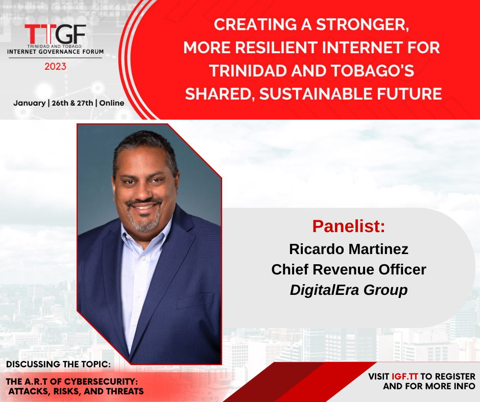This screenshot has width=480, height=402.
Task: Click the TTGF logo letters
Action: [55, 34]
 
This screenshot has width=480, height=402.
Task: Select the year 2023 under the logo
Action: [56, 66]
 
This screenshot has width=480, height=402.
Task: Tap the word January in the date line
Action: [30, 103]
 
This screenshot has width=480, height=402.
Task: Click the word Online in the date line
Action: [112, 103]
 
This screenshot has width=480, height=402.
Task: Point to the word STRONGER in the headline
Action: [363, 25]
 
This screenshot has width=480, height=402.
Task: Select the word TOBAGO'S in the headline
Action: [373, 71]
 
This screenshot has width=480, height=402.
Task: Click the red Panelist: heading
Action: [348, 226]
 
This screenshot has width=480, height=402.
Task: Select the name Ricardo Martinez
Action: [349, 249]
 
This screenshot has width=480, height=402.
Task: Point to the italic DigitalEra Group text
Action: [349, 290]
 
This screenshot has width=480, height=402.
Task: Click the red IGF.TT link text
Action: [405, 376]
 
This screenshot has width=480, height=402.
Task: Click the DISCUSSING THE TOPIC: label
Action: [59, 364]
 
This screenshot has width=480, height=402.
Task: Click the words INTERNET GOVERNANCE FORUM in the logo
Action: [56, 52]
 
